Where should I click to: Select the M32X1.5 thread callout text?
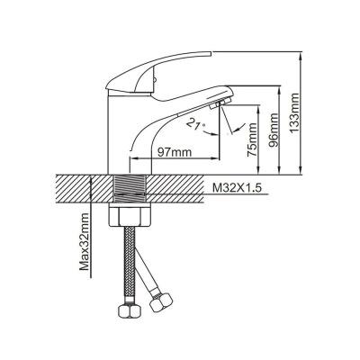238,189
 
